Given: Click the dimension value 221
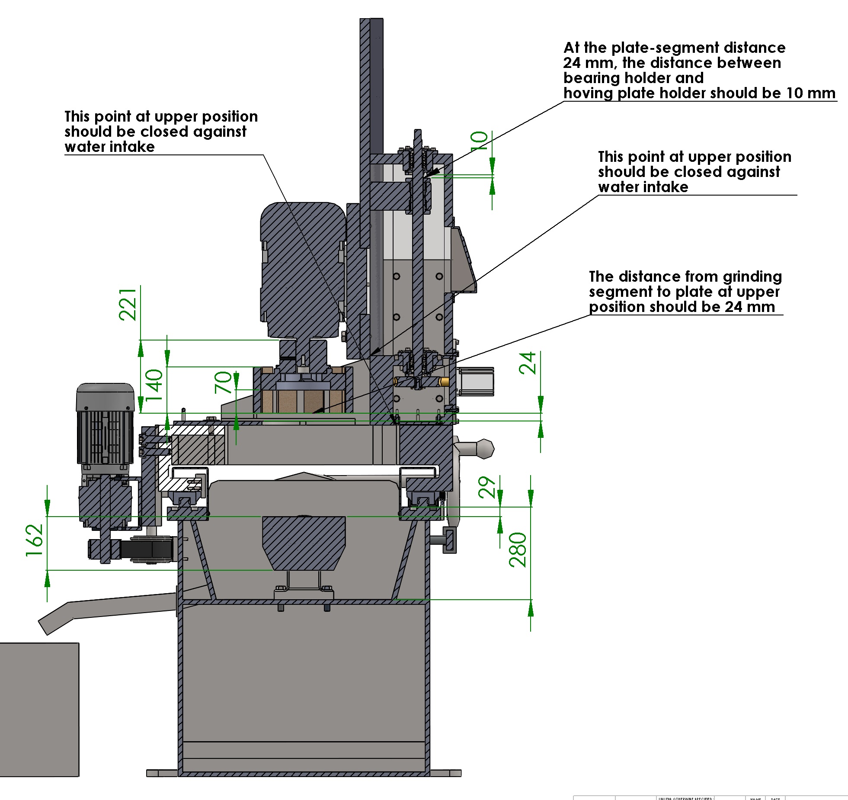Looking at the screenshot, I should point(128,304).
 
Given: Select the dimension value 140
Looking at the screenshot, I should point(154,384).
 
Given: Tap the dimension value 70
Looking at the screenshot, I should point(224,382).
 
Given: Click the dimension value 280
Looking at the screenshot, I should point(518,549).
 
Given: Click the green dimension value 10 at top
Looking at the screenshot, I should point(479,141).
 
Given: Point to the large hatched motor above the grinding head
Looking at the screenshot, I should point(303,268).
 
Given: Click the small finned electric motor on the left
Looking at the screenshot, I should point(105,424).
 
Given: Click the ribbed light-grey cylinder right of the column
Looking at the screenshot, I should point(476,381).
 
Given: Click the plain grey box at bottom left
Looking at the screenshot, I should point(39,710).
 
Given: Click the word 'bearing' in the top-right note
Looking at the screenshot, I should point(591,78).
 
